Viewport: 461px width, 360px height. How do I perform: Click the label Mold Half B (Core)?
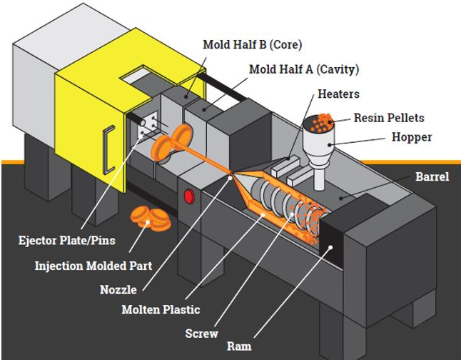(x=252, y=45)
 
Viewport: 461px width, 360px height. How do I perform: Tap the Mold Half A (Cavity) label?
(x=303, y=69)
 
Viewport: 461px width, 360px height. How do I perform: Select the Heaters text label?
(x=338, y=94)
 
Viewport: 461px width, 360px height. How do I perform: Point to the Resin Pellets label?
(x=389, y=118)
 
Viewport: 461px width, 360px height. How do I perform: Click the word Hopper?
(x=412, y=137)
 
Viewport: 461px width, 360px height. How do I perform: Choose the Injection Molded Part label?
(x=93, y=266)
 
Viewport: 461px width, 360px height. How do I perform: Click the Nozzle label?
(x=118, y=290)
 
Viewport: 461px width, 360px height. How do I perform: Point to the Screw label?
(x=201, y=333)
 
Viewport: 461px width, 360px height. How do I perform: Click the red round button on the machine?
(x=190, y=196)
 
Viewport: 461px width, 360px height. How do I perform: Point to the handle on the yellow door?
(x=108, y=149)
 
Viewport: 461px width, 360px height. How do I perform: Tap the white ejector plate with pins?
(x=147, y=129)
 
